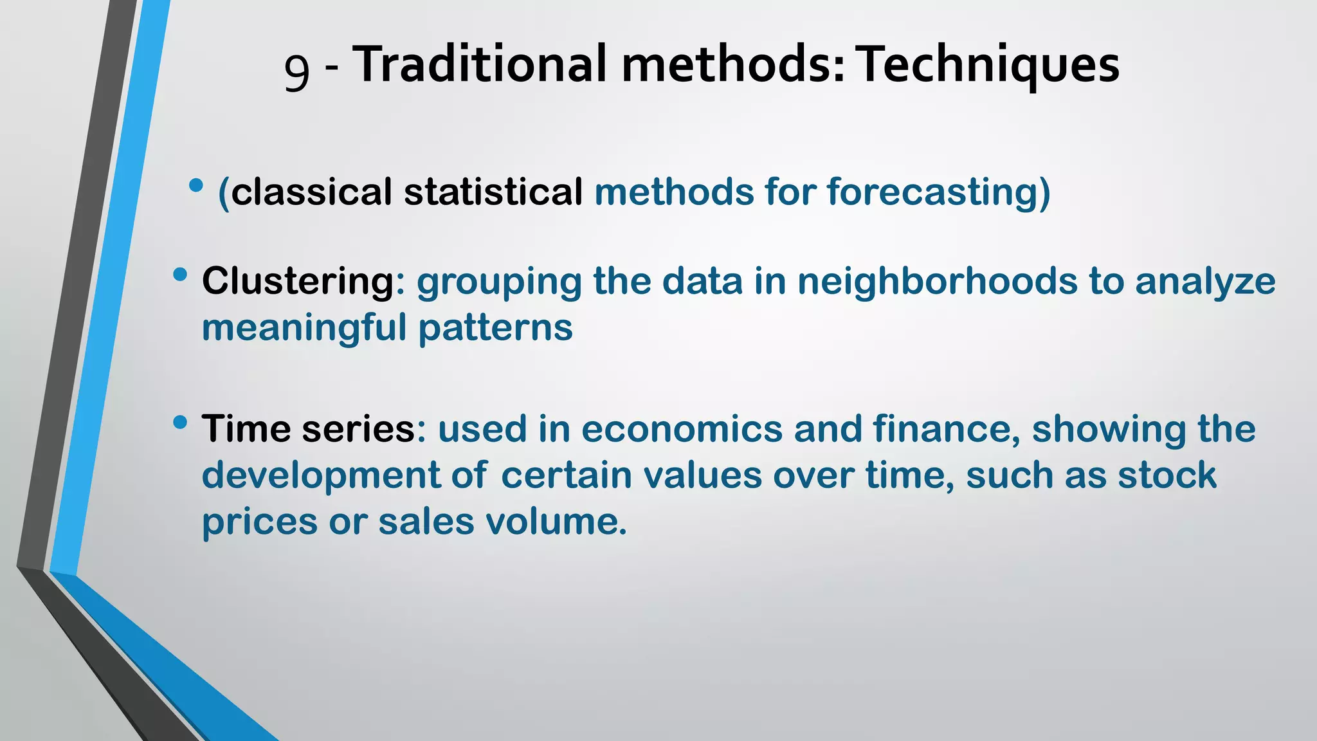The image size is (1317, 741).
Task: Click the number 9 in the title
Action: (296, 69)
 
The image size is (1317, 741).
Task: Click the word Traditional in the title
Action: (480, 64)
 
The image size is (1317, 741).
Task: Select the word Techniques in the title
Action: (990, 66)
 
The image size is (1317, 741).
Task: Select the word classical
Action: (311, 192)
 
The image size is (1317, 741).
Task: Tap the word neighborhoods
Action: (937, 281)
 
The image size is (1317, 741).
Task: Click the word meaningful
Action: (304, 327)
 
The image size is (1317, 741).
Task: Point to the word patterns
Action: (495, 328)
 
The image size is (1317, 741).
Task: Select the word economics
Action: (682, 429)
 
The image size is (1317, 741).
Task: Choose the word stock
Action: (1167, 475)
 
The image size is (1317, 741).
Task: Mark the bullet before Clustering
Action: (180, 275)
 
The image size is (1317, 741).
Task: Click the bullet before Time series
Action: (180, 423)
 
